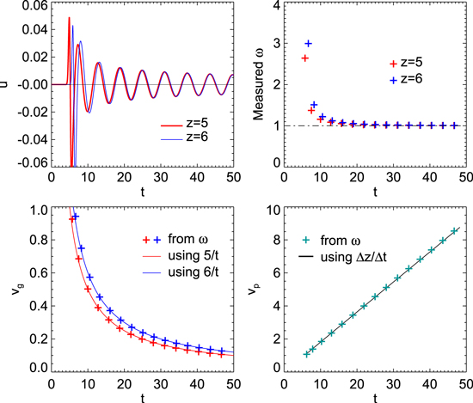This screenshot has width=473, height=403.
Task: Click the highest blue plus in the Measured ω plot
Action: coord(308,43)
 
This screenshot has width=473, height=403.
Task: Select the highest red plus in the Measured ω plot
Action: coord(304,58)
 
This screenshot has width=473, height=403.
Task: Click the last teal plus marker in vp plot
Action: coord(455,230)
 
